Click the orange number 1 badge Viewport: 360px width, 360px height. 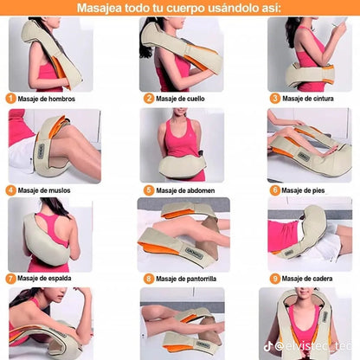11,99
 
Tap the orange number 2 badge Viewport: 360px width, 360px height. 148,99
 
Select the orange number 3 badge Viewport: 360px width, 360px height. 274,99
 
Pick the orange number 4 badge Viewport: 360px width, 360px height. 11,190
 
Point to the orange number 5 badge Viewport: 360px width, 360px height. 148,190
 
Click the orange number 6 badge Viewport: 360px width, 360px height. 274,190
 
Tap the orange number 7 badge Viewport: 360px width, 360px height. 11,279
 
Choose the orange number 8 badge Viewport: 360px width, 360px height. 148,279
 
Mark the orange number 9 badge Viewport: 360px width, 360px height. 274,279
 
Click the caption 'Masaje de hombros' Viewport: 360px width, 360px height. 51,99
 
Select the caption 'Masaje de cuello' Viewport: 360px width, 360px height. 184,99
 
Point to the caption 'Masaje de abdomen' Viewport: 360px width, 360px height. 188,190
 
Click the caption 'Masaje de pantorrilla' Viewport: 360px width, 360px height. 191,279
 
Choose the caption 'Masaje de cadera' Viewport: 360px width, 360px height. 312,279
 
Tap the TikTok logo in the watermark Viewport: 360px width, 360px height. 268,345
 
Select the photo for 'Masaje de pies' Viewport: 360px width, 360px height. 309,145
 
